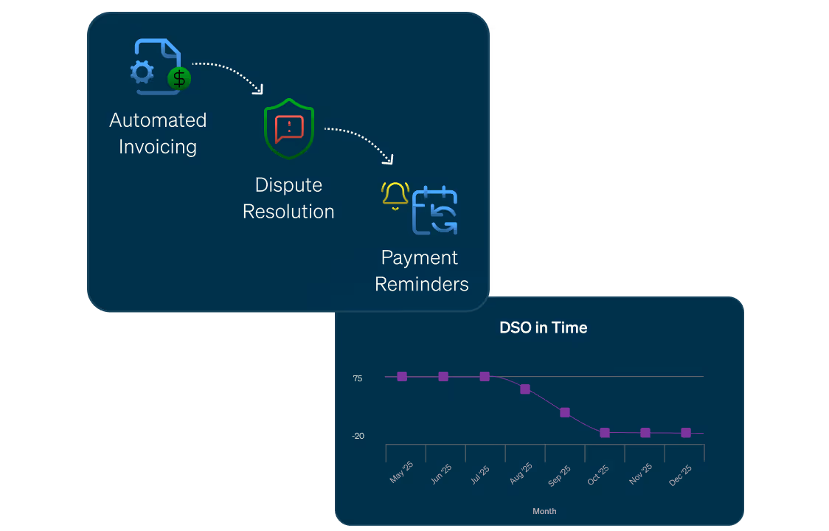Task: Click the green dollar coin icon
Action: click(x=178, y=77)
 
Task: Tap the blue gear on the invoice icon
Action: click(x=142, y=72)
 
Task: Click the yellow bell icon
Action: click(x=395, y=195)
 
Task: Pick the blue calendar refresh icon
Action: click(x=435, y=212)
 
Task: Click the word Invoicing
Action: click(x=158, y=147)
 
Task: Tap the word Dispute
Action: click(x=288, y=185)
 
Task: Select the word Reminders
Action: click(x=422, y=284)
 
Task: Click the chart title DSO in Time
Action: click(x=544, y=328)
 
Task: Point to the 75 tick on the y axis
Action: click(x=358, y=378)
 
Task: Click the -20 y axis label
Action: click(x=358, y=436)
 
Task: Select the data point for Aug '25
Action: click(x=525, y=389)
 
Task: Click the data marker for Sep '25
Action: click(x=565, y=412)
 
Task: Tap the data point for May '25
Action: click(x=402, y=376)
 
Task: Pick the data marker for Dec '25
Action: click(x=686, y=433)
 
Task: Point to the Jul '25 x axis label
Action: click(x=479, y=473)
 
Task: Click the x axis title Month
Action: click(x=544, y=511)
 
